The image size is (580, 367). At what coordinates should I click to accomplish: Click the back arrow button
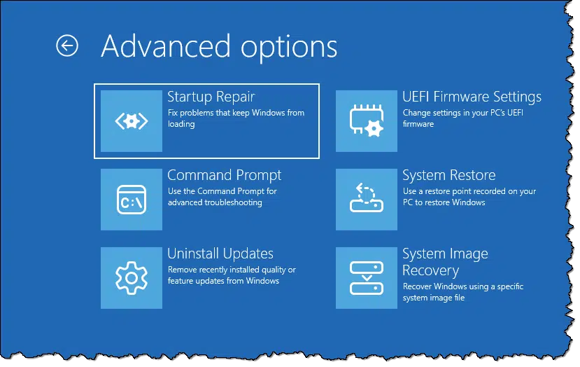coord(67,46)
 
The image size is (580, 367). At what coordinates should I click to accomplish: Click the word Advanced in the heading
coord(166,46)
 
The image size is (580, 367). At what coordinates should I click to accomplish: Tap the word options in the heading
coord(289,48)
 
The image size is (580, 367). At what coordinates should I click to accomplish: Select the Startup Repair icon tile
coord(132,121)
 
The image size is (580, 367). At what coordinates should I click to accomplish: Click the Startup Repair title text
coord(211,97)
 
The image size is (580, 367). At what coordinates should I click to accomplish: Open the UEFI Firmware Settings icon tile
coord(367,121)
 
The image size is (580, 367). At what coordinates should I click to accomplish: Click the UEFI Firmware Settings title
coord(472,97)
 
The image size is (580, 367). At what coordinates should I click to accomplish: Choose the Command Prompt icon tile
coord(132,200)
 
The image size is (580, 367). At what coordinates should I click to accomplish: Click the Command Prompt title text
coord(224,176)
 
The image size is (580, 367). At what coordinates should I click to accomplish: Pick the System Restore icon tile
coord(367,200)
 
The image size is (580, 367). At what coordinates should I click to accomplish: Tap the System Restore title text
coord(449,176)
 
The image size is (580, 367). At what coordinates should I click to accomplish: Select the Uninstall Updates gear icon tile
coord(132,278)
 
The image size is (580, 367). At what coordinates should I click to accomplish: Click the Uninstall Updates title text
coord(220,254)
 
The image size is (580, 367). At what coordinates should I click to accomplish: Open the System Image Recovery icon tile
coord(367,278)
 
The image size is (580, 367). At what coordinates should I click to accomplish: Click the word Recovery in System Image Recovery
coord(431,271)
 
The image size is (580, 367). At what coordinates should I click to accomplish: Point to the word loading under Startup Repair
coord(181,124)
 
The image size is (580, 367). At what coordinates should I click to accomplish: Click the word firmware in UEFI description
coord(418,124)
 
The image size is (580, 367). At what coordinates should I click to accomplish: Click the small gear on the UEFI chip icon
coord(374,129)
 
